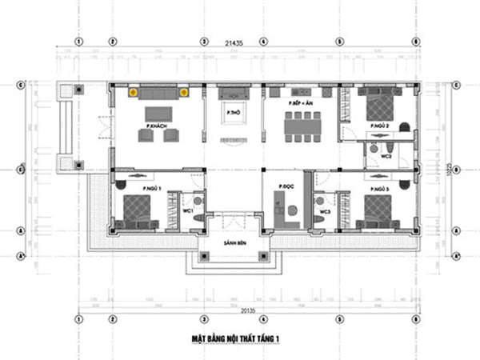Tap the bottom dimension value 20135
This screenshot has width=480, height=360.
tap(238, 309)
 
